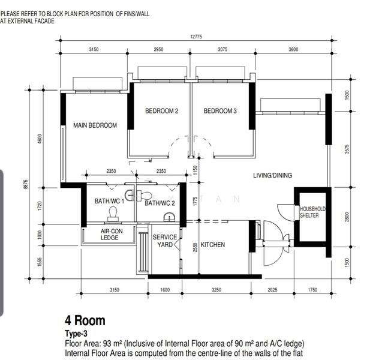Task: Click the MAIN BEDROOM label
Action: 95,125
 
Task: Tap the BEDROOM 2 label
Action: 162,111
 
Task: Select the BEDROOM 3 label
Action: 220,111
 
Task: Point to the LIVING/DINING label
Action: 272,175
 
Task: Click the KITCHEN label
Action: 213,245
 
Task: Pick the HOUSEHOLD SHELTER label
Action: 312,212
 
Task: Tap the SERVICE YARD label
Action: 165,241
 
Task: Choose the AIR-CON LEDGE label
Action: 112,235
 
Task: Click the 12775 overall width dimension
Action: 196,37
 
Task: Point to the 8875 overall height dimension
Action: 26,184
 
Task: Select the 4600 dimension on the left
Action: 40,139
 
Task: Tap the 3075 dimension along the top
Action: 222,49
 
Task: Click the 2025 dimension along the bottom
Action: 272,290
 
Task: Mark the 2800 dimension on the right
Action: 347,217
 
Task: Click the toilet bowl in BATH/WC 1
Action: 113,214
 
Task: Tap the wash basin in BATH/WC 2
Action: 169,217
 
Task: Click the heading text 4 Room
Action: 85,320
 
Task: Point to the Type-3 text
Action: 76,334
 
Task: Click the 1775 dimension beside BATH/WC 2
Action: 195,202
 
